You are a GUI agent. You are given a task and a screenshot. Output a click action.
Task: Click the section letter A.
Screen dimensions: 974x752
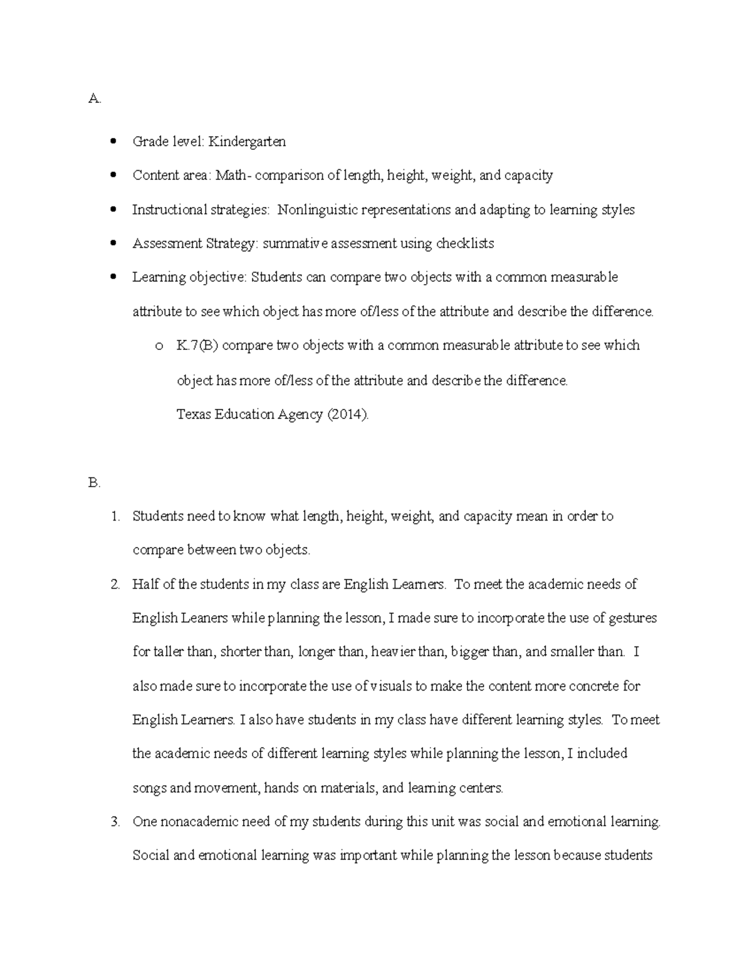point(94,98)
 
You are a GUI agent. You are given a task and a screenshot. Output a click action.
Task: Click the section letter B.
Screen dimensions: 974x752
point(94,483)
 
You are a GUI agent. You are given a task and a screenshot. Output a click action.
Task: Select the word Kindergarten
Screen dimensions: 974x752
point(247,142)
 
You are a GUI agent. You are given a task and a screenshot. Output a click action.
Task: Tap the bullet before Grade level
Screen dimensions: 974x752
point(113,142)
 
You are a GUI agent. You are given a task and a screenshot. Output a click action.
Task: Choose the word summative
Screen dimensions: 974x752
point(295,243)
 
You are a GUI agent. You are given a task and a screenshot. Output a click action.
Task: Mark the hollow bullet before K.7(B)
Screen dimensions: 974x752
point(159,346)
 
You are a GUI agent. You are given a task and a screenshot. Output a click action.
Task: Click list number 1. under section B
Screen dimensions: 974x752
point(115,517)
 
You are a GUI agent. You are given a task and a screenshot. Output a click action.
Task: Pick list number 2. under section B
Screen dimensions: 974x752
point(115,585)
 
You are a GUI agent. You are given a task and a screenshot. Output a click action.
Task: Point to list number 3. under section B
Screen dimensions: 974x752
point(115,822)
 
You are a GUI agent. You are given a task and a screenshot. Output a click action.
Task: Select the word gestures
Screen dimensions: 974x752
point(632,618)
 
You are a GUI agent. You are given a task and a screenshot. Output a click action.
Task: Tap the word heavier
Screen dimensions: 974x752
point(393,652)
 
